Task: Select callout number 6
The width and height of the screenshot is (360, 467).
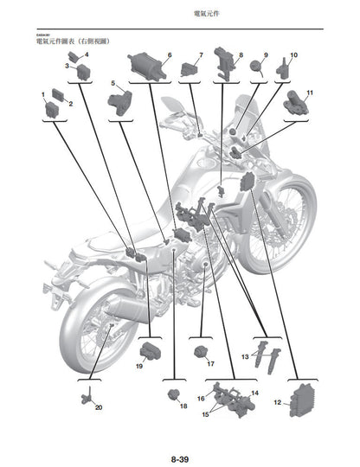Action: coord(170,55)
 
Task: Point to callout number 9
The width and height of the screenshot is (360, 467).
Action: coord(266,55)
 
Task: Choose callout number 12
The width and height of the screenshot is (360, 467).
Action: coord(276,402)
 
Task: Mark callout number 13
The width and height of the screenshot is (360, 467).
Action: coord(245,355)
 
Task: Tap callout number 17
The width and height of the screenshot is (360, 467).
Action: coord(210,365)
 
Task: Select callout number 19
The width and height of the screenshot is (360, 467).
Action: coord(138,366)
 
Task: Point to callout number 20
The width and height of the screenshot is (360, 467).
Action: coord(98,406)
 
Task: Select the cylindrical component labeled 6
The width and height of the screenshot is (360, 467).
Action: coord(145,63)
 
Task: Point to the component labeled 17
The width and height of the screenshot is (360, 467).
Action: coord(202,350)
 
